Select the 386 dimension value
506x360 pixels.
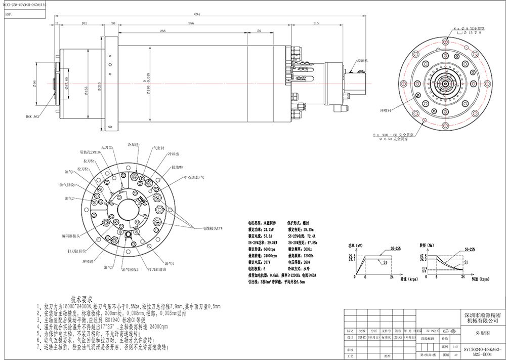tap(205, 24)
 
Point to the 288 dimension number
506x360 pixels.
tap(162, 31)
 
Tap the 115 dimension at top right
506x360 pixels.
tap(316, 24)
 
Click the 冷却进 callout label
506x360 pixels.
tap(133, 145)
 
